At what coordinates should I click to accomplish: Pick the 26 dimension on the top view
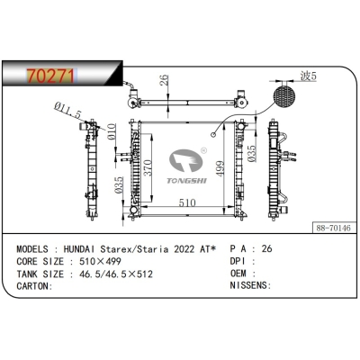click(162, 85)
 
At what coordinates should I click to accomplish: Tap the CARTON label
click(32, 287)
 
